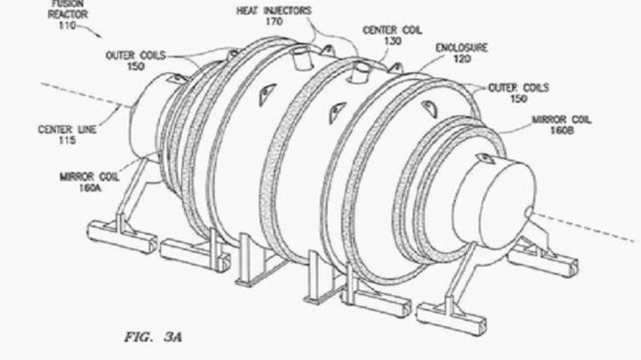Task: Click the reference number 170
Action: click(x=274, y=22)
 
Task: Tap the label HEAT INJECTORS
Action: click(x=274, y=11)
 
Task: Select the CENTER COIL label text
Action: click(x=392, y=30)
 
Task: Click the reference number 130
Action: click(x=393, y=41)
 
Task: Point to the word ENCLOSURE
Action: click(x=462, y=48)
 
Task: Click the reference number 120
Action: click(x=462, y=59)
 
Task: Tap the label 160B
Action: click(x=562, y=131)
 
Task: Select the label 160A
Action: click(x=90, y=188)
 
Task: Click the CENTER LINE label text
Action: click(x=67, y=129)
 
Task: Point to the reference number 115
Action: click(x=67, y=140)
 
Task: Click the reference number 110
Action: click(x=67, y=26)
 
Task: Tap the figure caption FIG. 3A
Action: click(x=153, y=337)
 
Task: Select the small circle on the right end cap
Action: click(x=529, y=212)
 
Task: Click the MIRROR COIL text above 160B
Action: click(x=562, y=120)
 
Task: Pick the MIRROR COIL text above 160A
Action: click(x=90, y=177)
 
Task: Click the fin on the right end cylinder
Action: click(x=487, y=158)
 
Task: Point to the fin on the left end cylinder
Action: click(x=175, y=78)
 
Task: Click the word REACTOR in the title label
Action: click(x=68, y=14)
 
